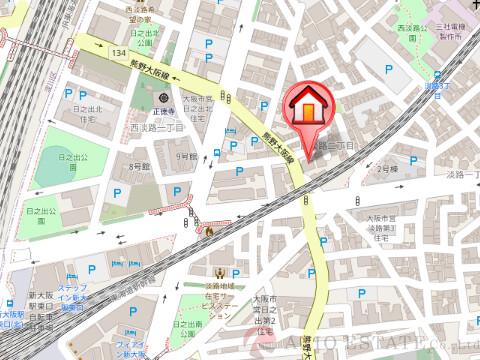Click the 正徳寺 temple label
164,114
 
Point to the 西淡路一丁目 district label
154,128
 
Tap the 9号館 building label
185,157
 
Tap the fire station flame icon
210,231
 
